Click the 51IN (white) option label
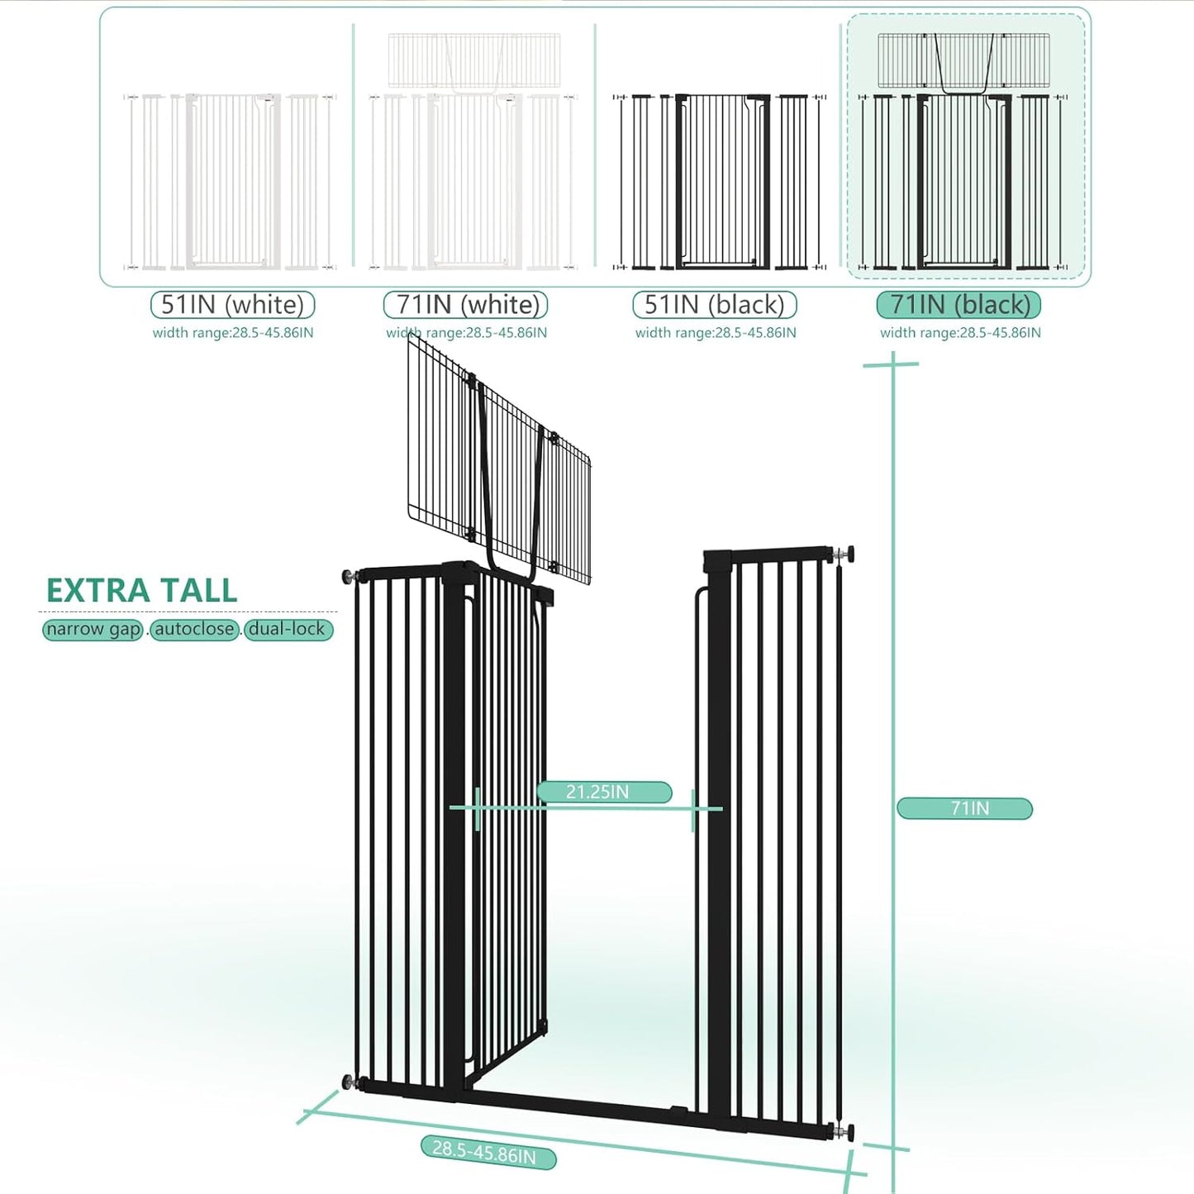(x=232, y=305)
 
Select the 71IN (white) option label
(x=466, y=305)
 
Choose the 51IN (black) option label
(x=714, y=305)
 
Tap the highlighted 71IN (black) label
(x=959, y=305)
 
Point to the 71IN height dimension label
(x=964, y=808)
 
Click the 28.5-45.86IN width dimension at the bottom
(x=488, y=1151)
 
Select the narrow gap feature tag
(x=93, y=630)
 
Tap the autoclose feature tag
(x=194, y=630)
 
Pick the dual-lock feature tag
(x=288, y=630)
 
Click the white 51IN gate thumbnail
(x=231, y=182)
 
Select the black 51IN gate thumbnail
(x=717, y=182)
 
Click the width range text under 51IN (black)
(x=716, y=333)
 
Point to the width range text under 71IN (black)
(x=960, y=333)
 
